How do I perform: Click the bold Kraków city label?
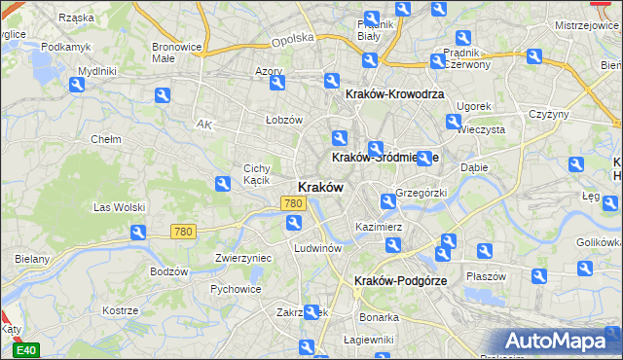pyautogui.click(x=317, y=187)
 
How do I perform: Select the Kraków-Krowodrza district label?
pyautogui.click(x=394, y=93)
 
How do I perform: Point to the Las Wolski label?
pyautogui.click(x=119, y=207)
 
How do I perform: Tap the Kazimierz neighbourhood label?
pyautogui.click(x=380, y=226)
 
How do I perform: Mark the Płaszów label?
pyautogui.click(x=486, y=275)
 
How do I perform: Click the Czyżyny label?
pyautogui.click(x=548, y=114)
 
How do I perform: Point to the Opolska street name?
pyautogui.click(x=294, y=38)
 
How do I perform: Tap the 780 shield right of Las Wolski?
pyautogui.click(x=182, y=232)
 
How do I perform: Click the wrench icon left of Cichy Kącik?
pyautogui.click(x=223, y=181)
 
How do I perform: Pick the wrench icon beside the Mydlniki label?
pyautogui.click(x=77, y=85)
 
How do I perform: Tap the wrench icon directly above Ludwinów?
pyautogui.click(x=293, y=225)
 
